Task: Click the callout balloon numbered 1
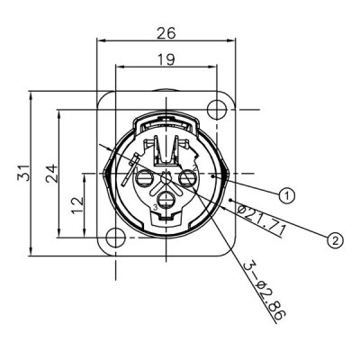(287, 193)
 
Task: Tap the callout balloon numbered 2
(335, 239)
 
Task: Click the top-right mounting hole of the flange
(215, 110)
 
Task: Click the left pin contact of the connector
(146, 181)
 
